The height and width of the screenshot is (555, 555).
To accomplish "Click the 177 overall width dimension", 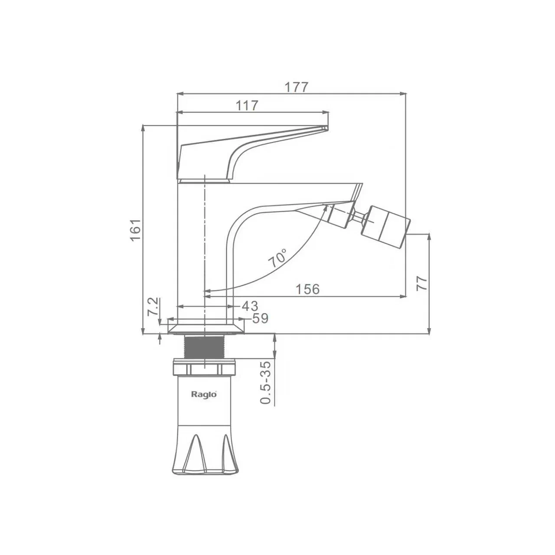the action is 297,87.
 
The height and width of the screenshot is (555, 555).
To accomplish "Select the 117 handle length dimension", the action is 247,106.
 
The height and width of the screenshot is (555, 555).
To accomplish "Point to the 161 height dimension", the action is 136,230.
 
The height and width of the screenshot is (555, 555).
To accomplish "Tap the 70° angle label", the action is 278,258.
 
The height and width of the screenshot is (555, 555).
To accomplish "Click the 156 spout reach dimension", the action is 307,289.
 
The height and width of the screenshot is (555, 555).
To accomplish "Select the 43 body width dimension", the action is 250,306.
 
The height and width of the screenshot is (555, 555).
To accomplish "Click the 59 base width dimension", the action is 260,318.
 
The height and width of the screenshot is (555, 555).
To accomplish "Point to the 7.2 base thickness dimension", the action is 153,307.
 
